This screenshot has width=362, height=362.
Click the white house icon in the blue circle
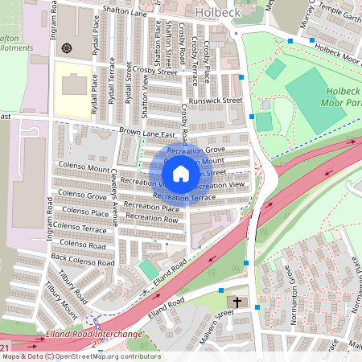tap(181, 174)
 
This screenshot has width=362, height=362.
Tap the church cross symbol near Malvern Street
tap(237, 302)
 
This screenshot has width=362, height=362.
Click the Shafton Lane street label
tap(124, 11)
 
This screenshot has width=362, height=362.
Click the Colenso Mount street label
tap(84, 169)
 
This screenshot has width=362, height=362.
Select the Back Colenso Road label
tap(78, 257)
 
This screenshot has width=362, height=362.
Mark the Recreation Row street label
tap(152, 218)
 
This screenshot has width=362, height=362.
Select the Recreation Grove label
tap(197, 150)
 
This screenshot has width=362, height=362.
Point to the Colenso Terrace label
tap(84, 229)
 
